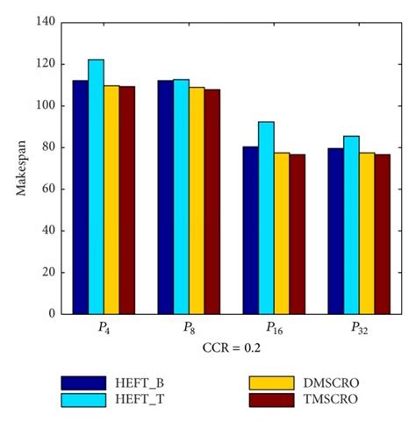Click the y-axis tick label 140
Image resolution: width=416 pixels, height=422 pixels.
pyautogui.click(x=45, y=22)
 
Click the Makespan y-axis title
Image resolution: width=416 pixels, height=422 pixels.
pyautogui.click(x=21, y=168)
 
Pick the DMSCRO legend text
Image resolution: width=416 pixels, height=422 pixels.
pyautogui.click(x=326, y=383)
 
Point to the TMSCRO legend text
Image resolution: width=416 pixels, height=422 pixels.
pyautogui.click(x=326, y=400)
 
